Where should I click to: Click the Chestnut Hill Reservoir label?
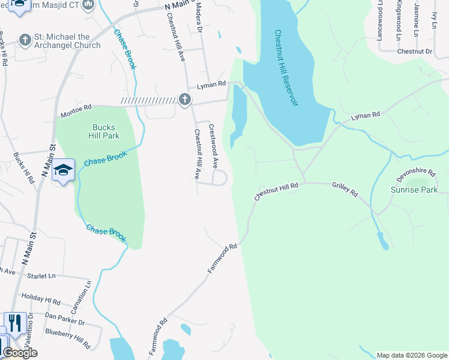[286, 68]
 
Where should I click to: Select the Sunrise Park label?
[414, 190]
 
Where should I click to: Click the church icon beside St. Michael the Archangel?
[25, 40]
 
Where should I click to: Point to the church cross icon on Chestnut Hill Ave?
[184, 100]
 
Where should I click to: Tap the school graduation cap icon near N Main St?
[63, 170]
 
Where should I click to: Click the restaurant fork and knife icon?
[15, 323]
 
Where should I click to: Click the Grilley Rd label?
[345, 190]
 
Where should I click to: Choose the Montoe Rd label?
[76, 111]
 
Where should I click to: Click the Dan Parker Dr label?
[65, 318]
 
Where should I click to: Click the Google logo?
[20, 353]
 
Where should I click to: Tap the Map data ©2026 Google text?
[411, 355]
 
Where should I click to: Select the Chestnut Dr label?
[414, 52]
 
